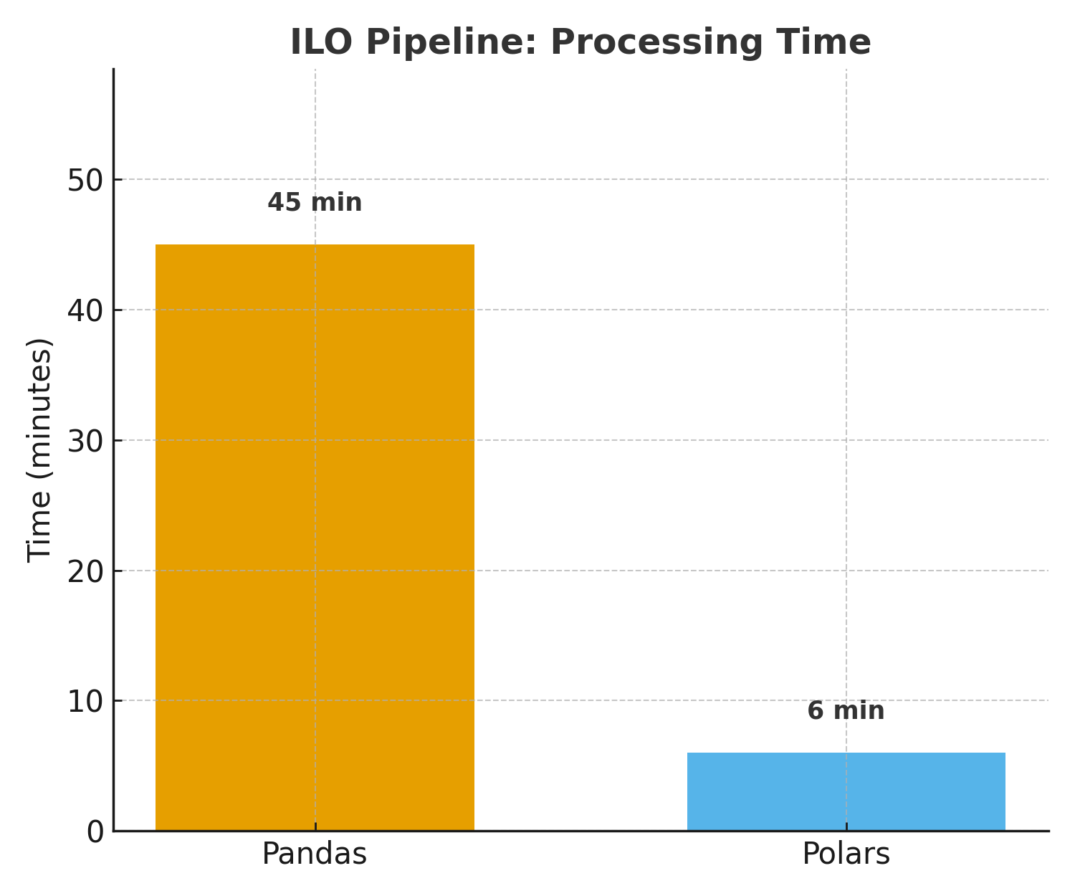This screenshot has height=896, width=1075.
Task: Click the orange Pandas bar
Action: tap(315, 538)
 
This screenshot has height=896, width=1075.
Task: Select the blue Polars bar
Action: tap(846, 791)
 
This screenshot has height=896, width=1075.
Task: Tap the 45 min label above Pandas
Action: tap(315, 203)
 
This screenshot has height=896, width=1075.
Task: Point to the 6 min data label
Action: tap(846, 711)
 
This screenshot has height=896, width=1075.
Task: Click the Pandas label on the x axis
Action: tap(314, 854)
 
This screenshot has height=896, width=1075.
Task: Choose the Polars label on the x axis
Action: tap(846, 854)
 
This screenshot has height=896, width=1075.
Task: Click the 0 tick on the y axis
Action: tap(95, 832)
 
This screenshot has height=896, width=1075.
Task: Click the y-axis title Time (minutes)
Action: tap(40, 449)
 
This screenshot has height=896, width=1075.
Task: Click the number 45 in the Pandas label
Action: tap(284, 203)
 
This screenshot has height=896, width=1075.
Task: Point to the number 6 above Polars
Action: tap(815, 711)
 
